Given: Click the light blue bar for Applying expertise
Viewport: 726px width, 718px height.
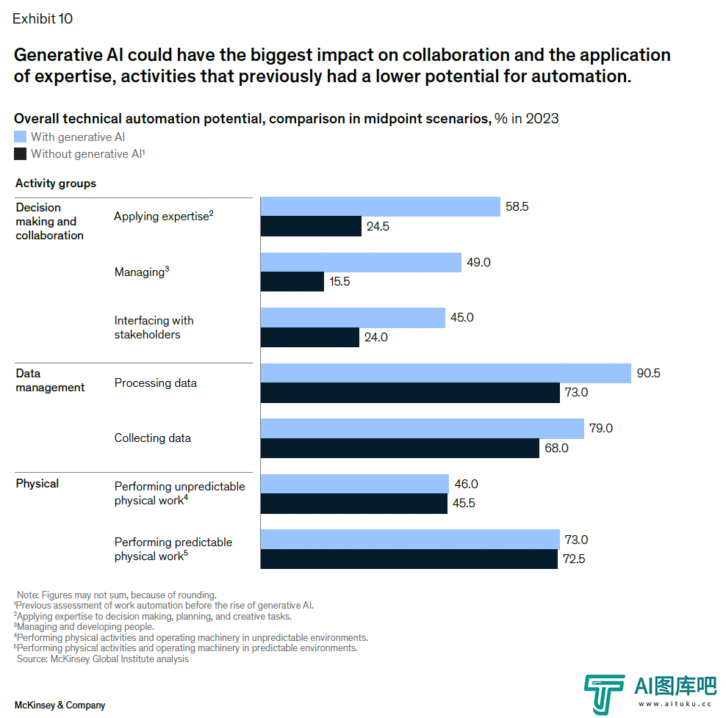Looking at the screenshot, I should [380, 207].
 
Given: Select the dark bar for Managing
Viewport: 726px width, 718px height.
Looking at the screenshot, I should [292, 282].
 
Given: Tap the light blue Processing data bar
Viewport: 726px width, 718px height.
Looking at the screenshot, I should [445, 373].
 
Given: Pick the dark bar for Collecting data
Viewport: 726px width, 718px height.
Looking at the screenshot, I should [400, 448].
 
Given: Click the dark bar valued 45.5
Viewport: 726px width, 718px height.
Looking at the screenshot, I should [354, 504].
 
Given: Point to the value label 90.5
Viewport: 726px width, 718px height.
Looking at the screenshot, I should [648, 373].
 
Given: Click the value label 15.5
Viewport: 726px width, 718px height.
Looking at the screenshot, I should [339, 282].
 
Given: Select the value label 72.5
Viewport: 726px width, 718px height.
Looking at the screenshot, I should [573, 559].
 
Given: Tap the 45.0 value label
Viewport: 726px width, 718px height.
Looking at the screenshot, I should [461, 318].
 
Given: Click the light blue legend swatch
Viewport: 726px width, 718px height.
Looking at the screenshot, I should [21, 137].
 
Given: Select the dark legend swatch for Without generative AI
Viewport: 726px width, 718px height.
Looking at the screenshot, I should [21, 154].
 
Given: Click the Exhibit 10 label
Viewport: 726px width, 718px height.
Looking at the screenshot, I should [43, 19].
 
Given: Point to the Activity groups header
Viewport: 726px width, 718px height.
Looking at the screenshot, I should [56, 184].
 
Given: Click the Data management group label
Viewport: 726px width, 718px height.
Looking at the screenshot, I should [50, 380].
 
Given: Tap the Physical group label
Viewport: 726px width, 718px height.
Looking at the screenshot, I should [37, 484].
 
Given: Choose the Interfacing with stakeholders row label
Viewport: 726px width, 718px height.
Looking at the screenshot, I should [154, 327].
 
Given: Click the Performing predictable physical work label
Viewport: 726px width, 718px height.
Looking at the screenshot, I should [173, 549].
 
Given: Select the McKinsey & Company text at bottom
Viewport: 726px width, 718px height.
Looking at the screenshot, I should [60, 706].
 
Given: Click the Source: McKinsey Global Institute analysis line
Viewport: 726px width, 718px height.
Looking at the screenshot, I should [103, 659].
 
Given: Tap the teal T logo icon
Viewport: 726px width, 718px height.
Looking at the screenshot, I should [604, 694].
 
